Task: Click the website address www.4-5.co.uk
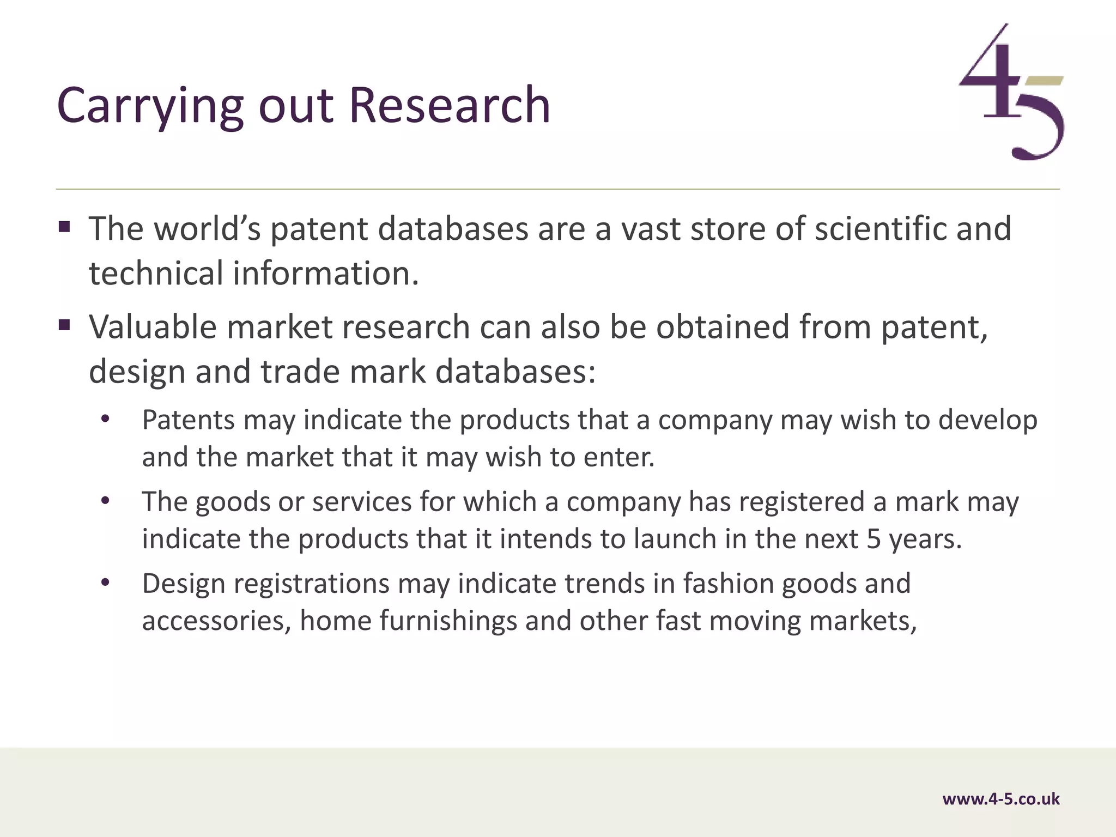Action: coord(1000,799)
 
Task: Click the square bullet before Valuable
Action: coord(64,326)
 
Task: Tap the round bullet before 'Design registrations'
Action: coord(105,583)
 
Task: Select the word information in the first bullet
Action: coord(325,273)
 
